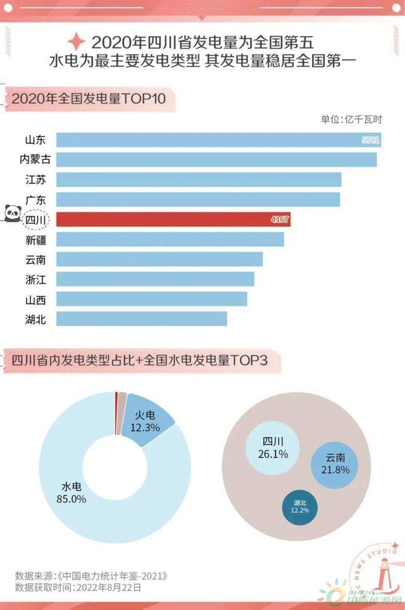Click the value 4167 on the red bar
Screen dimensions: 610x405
point(280,219)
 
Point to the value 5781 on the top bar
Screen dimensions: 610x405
point(369,140)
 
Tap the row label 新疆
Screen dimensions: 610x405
point(35,240)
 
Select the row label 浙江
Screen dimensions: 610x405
point(35,279)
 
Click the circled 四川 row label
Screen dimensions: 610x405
point(35,219)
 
